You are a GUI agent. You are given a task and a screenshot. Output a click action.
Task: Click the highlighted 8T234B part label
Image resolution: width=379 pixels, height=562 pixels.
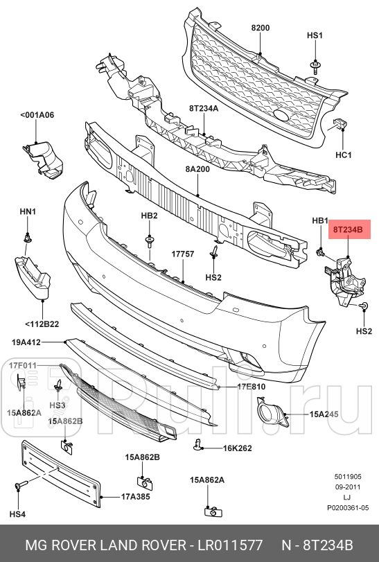(x=351, y=229)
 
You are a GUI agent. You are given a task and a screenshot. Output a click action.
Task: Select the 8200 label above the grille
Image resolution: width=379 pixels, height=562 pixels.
(x=260, y=27)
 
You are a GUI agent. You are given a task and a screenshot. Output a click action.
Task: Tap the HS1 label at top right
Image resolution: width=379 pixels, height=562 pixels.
(x=315, y=35)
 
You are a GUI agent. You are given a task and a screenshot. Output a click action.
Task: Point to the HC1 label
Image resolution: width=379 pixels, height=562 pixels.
(x=344, y=155)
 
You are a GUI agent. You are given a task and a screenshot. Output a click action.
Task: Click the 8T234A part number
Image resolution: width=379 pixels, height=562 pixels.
(x=203, y=109)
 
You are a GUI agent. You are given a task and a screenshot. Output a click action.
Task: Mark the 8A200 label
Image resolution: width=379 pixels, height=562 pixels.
(x=198, y=168)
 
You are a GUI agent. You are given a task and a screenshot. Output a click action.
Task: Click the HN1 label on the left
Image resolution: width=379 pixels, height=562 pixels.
(x=28, y=211)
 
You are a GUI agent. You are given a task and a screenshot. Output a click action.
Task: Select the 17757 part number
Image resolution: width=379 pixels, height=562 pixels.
(x=184, y=254)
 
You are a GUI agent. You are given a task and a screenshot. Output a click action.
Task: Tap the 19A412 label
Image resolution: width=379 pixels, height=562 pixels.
(x=26, y=342)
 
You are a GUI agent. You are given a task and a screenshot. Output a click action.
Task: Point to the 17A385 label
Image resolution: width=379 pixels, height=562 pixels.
(x=136, y=497)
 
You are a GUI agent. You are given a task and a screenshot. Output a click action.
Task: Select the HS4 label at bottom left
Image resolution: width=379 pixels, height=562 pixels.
(x=17, y=514)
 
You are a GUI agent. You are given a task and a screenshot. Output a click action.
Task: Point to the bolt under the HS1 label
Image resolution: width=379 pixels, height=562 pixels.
(x=315, y=67)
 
